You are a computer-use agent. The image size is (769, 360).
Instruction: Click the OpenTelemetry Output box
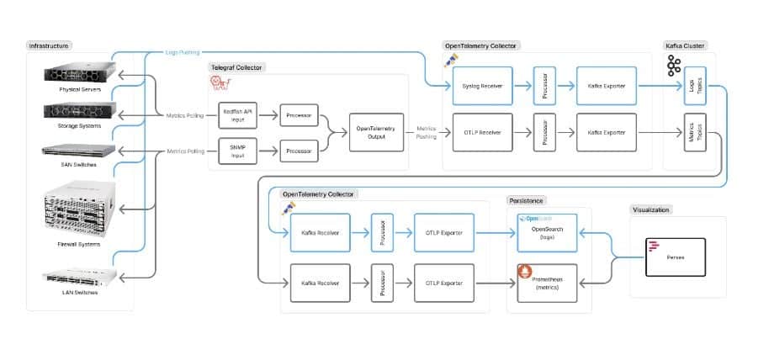pyautogui.click(x=376, y=133)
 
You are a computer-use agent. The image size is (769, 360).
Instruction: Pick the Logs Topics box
pyautogui.click(x=695, y=87)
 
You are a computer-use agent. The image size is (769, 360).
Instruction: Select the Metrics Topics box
pyautogui.click(x=695, y=134)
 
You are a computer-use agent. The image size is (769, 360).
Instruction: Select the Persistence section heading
pyautogui.click(x=527, y=201)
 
